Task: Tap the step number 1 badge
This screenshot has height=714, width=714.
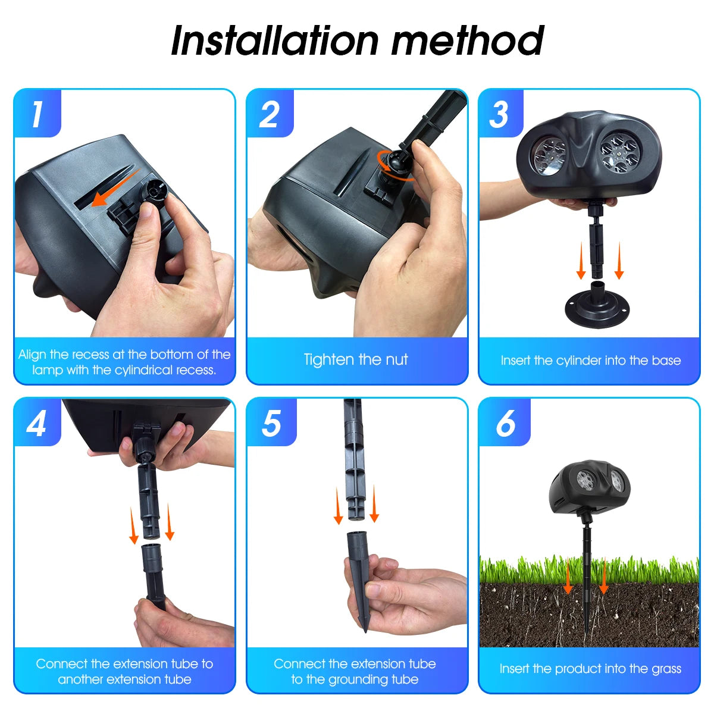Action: click(x=37, y=114)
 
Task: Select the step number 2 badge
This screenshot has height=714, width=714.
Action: click(x=270, y=114)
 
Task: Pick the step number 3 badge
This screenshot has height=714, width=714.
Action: click(x=500, y=114)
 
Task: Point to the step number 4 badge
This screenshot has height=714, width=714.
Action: click(x=37, y=423)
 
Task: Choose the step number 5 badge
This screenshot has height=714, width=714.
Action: click(x=271, y=423)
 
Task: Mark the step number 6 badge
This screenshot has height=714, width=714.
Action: click(x=505, y=423)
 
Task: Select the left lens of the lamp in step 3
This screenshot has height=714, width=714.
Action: click(x=548, y=156)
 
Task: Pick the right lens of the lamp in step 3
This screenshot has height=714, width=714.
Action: click(x=619, y=151)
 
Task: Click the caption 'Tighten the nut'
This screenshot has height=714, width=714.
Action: click(x=356, y=359)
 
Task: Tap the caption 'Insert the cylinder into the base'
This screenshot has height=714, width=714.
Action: click(x=590, y=361)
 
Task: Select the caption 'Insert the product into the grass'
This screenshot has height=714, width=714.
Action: click(x=590, y=669)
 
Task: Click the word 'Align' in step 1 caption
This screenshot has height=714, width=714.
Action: click(x=32, y=355)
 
